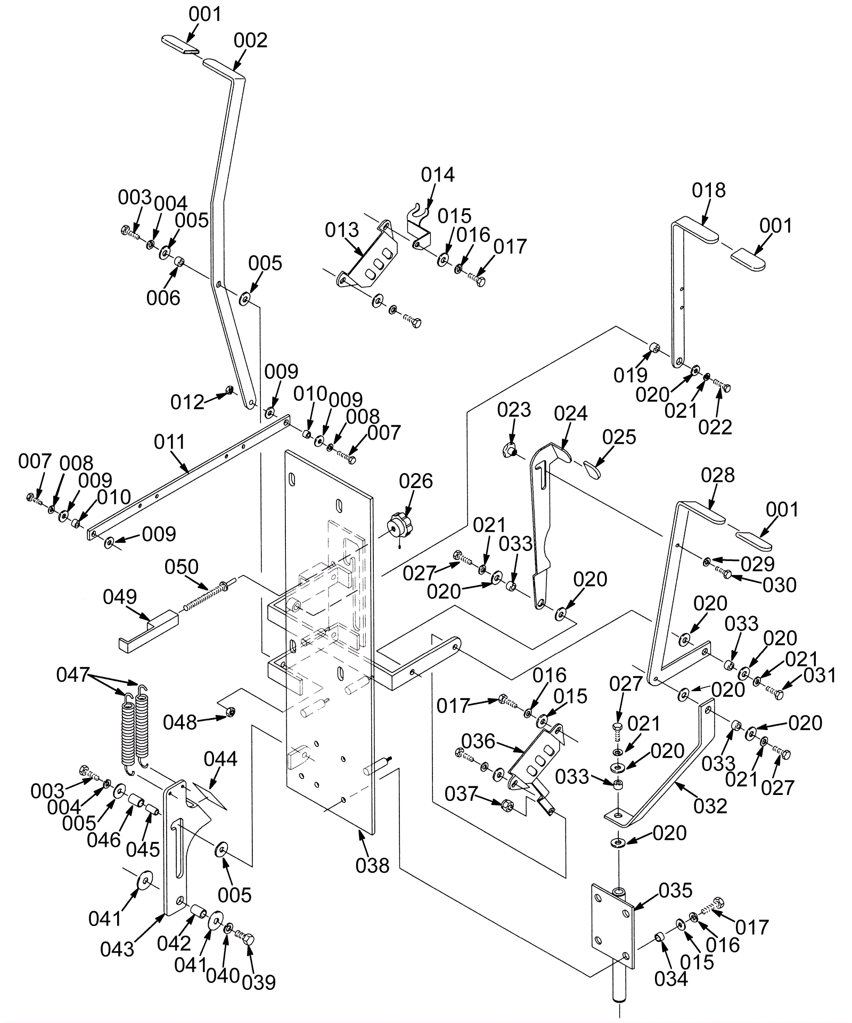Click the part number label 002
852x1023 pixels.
tap(250, 40)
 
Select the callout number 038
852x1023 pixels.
tap(373, 865)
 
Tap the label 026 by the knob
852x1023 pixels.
tap(416, 481)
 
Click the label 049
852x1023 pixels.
tap(120, 597)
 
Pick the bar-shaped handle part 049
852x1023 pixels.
tap(148, 631)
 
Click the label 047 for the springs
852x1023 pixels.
tap(72, 675)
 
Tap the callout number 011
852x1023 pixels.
tap(169, 442)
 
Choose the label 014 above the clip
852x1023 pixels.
tap(438, 175)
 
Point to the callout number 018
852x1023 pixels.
tap(709, 190)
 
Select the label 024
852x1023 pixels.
tap(570, 413)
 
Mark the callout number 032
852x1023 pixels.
tap(710, 806)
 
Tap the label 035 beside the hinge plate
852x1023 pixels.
tap(675, 890)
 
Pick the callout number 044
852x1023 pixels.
tap(220, 759)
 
